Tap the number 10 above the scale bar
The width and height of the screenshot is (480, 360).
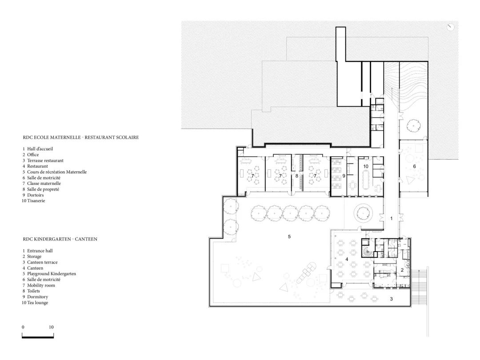click(51, 327)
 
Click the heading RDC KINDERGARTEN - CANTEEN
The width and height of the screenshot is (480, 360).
click(60, 239)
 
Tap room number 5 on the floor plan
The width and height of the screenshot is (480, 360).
click(289, 237)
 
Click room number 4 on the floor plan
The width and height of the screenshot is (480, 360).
click(347, 259)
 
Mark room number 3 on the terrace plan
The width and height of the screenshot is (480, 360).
click(391, 299)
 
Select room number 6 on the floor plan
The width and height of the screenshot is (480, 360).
click(414, 166)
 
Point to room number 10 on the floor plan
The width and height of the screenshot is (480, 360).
click(366, 166)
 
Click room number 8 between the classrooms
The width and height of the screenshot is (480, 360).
click(297, 176)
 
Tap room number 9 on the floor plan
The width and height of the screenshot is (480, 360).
click(344, 176)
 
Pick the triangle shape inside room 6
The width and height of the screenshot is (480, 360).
click(410, 180)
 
